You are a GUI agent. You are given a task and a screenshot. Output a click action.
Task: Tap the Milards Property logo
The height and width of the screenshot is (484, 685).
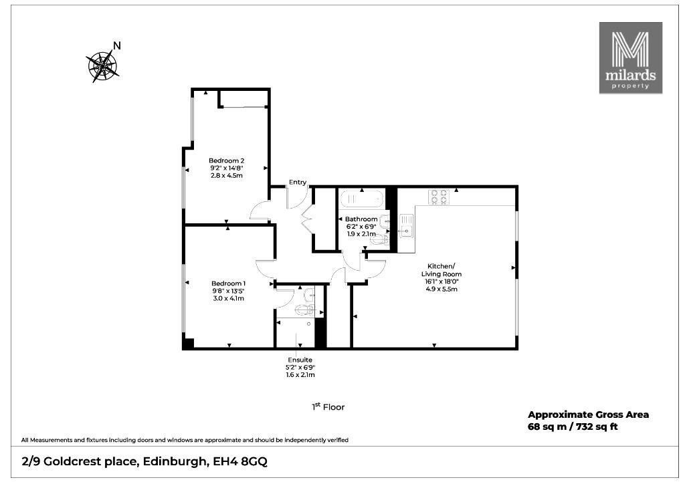click(630, 58)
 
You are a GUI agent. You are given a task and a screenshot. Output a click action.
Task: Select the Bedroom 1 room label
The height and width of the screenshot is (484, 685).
click(229, 283)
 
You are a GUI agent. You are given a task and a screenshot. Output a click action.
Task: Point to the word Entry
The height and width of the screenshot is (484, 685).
click(298, 182)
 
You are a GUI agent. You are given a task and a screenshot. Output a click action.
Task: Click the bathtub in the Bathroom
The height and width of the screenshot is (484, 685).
click(362, 199)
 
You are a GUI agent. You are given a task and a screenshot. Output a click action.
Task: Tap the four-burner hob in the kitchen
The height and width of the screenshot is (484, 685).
click(439, 197)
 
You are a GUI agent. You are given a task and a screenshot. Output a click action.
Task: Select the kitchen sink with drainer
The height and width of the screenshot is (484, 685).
click(405, 226)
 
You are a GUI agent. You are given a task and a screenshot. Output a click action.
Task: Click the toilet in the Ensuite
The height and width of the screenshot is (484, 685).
click(305, 310)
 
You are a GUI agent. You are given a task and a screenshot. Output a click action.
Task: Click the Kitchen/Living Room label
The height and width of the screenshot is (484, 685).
click(442, 269)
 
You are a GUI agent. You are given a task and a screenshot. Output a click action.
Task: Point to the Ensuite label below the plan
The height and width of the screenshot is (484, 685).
click(300, 360)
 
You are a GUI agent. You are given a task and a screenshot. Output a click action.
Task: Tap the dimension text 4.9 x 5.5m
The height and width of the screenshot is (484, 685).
click(442, 289)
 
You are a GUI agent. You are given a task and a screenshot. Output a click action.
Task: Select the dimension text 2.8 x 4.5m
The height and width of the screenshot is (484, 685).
click(226, 175)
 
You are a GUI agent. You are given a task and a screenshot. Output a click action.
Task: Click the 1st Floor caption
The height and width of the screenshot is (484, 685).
click(328, 406)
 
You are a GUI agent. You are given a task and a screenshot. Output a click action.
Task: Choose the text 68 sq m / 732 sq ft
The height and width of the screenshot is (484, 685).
click(573, 427)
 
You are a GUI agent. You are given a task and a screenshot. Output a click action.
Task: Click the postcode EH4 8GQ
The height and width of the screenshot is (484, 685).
click(240, 461)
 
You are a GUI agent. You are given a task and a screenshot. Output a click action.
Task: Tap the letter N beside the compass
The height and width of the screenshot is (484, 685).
click(116, 45)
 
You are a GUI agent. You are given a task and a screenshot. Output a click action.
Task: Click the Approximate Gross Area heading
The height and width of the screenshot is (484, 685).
click(588, 414)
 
